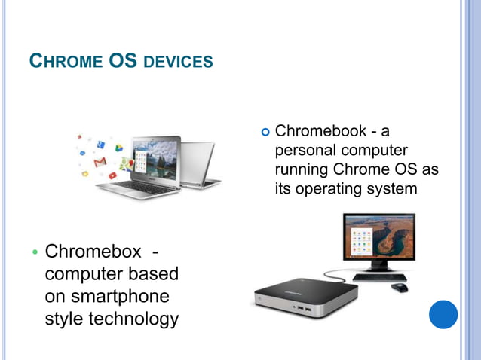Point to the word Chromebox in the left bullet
[x=93, y=250]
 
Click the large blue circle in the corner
[x=443, y=314]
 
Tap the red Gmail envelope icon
[x=100, y=163]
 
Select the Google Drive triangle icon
[x=118, y=148]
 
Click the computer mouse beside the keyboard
[x=400, y=287]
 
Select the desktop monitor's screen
[x=377, y=238]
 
